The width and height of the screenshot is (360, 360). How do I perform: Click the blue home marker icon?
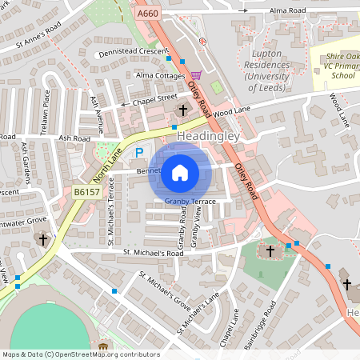[x=180, y=172]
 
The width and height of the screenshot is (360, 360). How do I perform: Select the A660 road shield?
[x=148, y=14]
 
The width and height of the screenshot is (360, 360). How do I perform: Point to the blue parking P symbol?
[x=140, y=152]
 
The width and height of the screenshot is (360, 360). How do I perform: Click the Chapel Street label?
[x=155, y=99]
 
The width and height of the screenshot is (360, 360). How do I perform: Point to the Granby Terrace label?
[x=190, y=202]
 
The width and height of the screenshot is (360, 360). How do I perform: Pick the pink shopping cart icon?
[x=196, y=75]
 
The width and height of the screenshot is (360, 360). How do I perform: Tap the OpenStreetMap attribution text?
[x=80, y=354]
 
